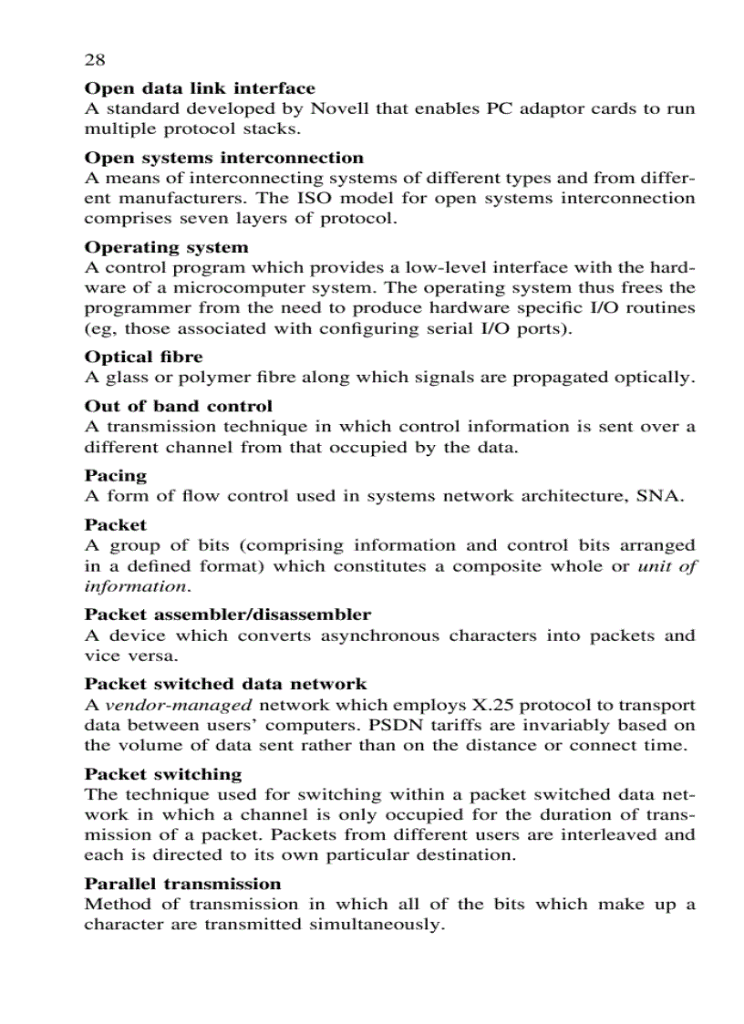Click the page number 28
point(95,60)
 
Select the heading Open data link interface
point(200,88)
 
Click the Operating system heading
point(166,247)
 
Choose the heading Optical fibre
point(143,357)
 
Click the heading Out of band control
point(178,406)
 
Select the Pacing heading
point(115,475)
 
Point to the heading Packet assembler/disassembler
point(227,615)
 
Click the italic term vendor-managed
point(179,705)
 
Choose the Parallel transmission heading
point(182,884)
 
